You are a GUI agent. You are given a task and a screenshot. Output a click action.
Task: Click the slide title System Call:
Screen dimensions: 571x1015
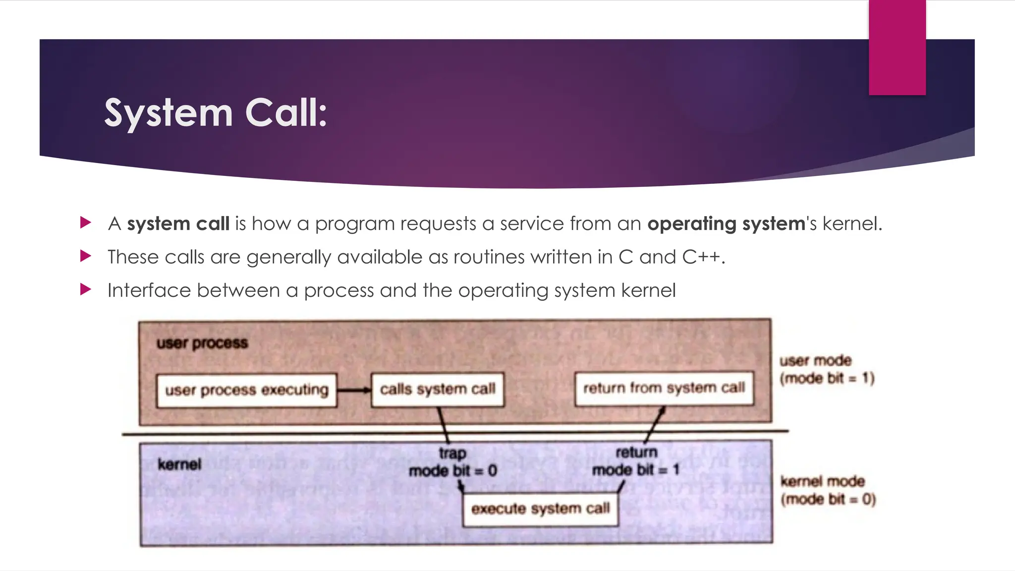coord(216,113)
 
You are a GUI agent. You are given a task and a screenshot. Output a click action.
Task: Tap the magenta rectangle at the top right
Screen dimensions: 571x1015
coord(897,47)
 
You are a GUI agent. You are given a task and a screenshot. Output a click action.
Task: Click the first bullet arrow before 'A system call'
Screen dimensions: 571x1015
coord(86,223)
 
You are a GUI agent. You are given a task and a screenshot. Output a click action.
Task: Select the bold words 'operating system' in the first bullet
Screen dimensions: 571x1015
coord(726,224)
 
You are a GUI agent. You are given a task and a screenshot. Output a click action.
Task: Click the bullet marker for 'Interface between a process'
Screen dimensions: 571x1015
coord(86,289)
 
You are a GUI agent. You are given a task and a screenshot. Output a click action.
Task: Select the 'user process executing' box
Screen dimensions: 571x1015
coord(246,390)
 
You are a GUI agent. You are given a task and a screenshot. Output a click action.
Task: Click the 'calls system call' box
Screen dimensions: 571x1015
coord(437,389)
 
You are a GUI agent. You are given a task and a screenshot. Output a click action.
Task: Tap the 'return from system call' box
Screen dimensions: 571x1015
coord(664,388)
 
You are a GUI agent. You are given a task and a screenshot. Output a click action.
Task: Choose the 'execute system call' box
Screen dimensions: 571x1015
coord(540,509)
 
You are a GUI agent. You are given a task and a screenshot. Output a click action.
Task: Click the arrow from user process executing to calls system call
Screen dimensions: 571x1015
coord(354,390)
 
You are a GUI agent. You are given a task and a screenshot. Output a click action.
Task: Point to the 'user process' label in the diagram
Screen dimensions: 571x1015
coord(202,343)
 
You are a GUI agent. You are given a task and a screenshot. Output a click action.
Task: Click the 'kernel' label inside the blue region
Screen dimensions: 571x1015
coord(179,464)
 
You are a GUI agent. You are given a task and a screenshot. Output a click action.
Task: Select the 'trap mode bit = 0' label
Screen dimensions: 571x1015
coord(452,462)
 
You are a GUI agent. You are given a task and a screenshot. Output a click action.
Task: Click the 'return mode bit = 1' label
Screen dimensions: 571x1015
coord(636,461)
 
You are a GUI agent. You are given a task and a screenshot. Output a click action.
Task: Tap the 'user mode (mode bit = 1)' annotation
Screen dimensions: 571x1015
coord(827,369)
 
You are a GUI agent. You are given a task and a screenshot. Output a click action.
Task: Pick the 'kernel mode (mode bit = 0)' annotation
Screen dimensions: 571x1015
coord(828,490)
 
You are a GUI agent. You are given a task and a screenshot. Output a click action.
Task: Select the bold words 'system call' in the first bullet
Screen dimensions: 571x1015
coord(178,224)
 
